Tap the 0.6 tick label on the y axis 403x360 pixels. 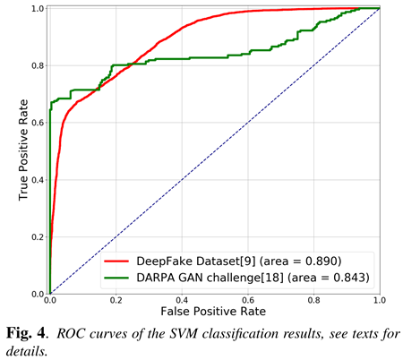pyautogui.click(x=37, y=123)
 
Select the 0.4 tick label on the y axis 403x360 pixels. pyautogui.click(x=37, y=180)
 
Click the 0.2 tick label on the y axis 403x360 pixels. pyautogui.click(x=37, y=237)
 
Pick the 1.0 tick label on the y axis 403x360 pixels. pyautogui.click(x=37, y=9)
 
